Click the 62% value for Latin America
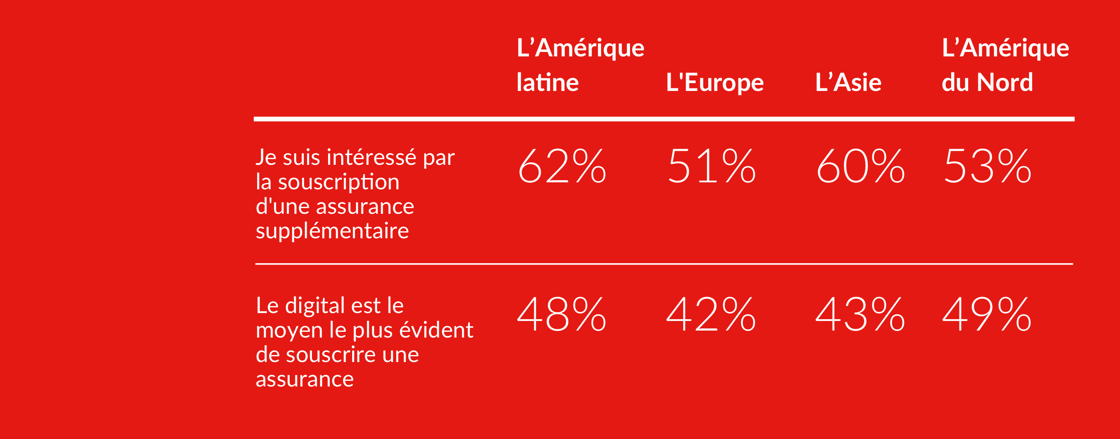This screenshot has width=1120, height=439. click(562, 166)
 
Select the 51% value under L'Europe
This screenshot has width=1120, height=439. click(711, 166)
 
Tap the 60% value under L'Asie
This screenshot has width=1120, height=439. click(860, 166)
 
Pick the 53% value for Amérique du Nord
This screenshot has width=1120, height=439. click(987, 166)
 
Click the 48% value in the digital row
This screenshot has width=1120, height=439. click(562, 314)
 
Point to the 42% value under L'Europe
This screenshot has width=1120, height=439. click(711, 314)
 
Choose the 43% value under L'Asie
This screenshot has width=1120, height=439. click(860, 314)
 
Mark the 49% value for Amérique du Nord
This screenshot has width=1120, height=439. click(987, 314)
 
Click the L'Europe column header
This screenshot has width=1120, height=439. click(714, 83)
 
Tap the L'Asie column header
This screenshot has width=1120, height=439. click(848, 83)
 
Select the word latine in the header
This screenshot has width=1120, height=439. click(547, 83)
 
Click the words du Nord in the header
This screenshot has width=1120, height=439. click(987, 83)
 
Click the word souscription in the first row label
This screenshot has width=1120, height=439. click(339, 182)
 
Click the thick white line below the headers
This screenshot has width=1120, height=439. click(664, 119)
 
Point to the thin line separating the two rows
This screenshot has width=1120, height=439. click(664, 264)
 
